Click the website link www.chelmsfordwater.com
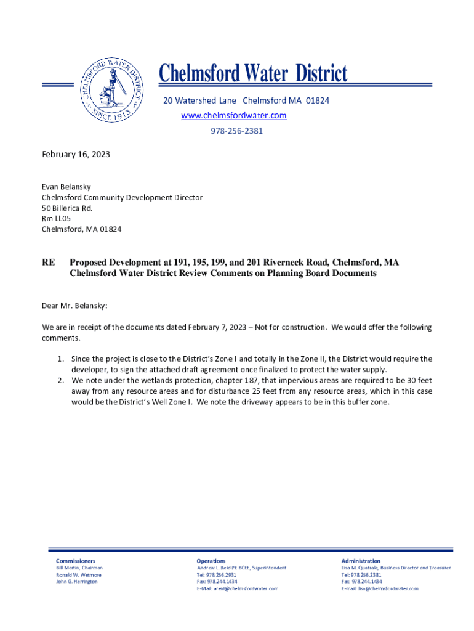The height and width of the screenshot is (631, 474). pos(233,116)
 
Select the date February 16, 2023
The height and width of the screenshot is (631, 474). pos(76,155)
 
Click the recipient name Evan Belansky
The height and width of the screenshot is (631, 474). pos(66,186)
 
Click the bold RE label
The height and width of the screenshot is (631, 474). pos(48,263)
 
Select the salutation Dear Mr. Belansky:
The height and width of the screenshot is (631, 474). pos(74,305)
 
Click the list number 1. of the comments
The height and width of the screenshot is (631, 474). pos(61,359)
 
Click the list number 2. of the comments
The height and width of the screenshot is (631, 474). pos(61,381)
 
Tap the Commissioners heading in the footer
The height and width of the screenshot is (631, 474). pos(76,561)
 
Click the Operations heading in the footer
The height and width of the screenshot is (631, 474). pos(211,561)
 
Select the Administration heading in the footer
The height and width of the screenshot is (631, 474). pos(361,561)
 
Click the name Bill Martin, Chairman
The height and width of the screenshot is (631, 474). pos(79,568)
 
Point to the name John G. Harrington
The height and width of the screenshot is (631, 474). pos(77,582)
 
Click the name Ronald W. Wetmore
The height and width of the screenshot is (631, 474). pos(79,575)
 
